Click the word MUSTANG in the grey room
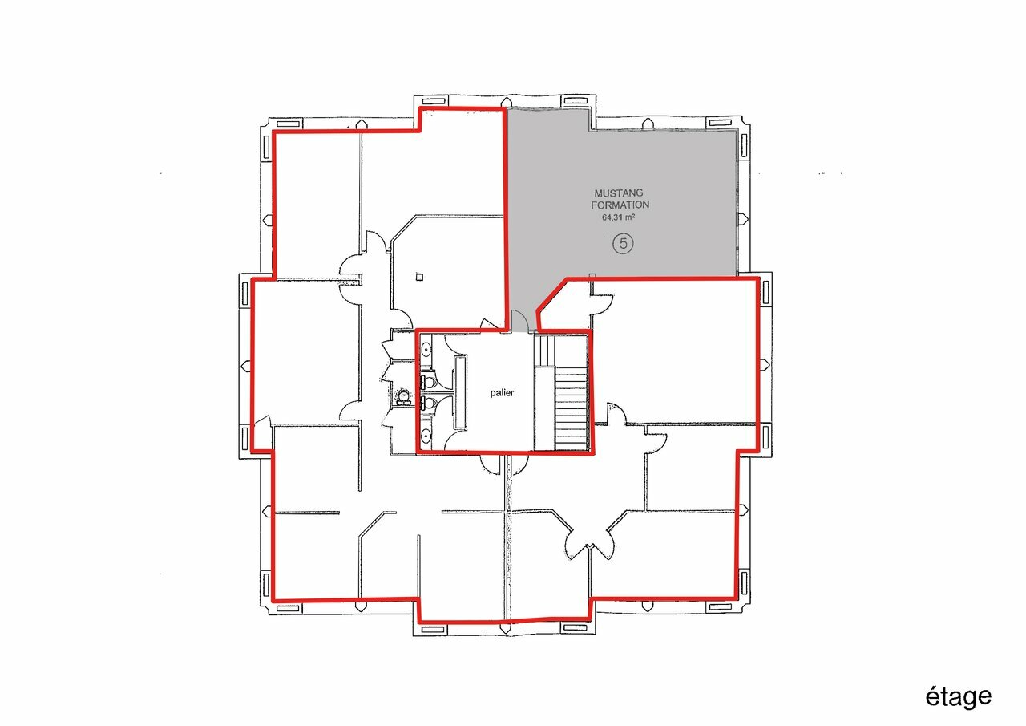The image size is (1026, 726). tap(618, 193)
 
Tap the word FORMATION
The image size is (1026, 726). tap(620, 205)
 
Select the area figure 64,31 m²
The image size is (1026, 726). tap(618, 217)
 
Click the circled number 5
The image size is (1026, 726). tap(623, 243)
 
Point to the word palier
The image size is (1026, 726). tap(502, 393)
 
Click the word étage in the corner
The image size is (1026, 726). tap(958, 697)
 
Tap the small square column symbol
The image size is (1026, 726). tap(419, 277)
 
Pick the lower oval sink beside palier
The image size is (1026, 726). tap(426, 436)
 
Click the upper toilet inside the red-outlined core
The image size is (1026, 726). tap(429, 381)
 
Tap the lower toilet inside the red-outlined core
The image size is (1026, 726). tap(429, 404)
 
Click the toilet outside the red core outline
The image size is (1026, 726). tap(404, 395)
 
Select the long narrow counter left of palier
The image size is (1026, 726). tap(460, 393)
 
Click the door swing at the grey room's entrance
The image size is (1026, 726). tap(519, 321)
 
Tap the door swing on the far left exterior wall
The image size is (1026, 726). tap(262, 432)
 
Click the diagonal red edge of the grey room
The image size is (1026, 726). tap(551, 295)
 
